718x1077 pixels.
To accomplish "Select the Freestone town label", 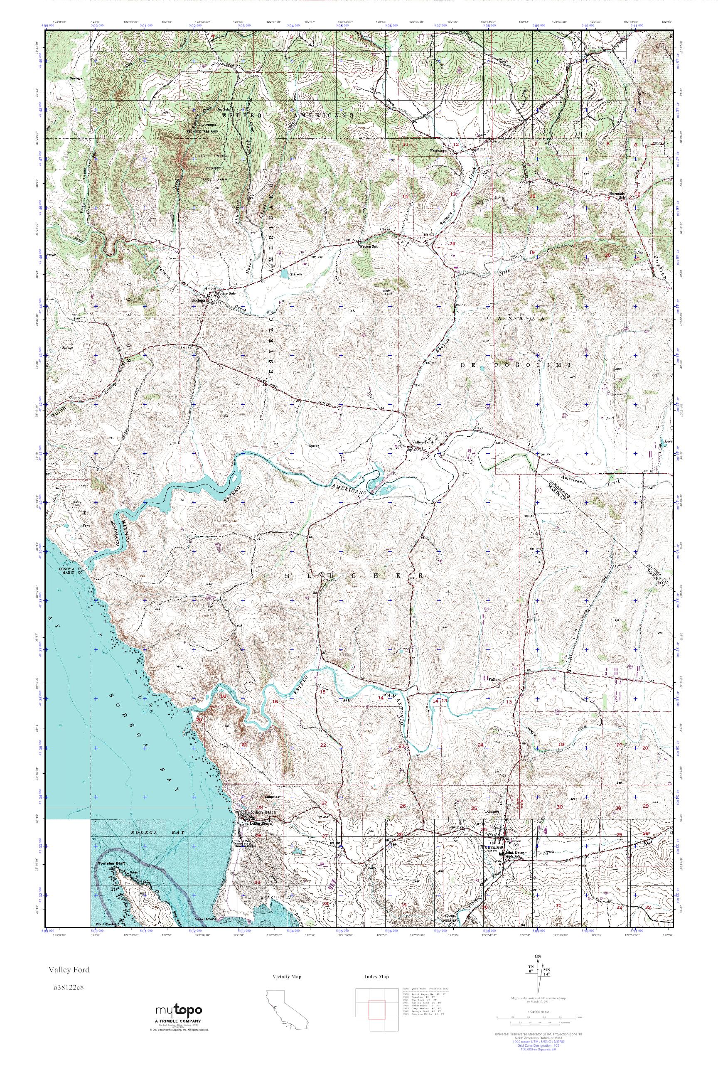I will click(439, 150).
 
